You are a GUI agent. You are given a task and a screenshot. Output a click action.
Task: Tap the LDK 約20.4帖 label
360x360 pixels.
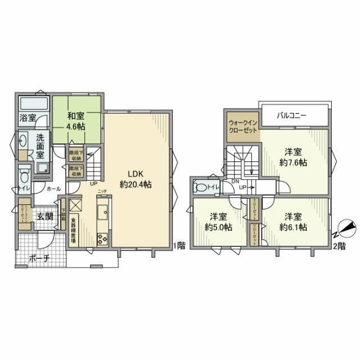pos(135,178)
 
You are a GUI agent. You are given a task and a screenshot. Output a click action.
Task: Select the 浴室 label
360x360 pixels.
pos(28,118)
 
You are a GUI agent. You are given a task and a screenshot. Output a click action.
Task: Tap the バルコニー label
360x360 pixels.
pos(291,115)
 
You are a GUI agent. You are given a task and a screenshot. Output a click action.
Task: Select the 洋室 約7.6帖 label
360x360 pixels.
pos(295,156)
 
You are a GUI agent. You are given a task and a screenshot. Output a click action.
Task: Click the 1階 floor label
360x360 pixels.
pos(179,245)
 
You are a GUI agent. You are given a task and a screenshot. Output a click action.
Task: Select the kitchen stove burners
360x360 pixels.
pos(102,240)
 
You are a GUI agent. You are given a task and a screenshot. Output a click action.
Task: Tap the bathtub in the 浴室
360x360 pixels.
pos(34,105)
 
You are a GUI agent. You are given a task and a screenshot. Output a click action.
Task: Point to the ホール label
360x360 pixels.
pos(53,190)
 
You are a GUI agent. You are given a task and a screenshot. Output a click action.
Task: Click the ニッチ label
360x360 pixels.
pos(101,192)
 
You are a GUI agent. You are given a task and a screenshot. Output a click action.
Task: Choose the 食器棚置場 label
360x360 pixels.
pos(74,231)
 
